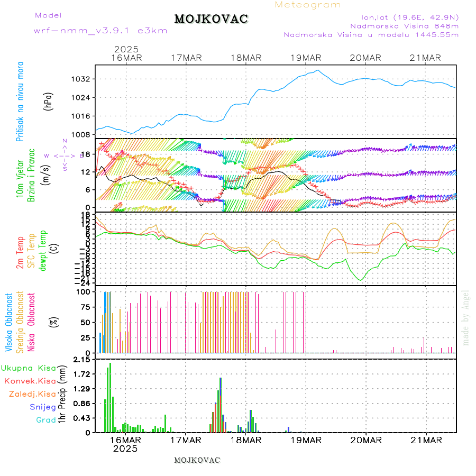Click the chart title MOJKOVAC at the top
point(211,19)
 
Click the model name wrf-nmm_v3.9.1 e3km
point(100,30)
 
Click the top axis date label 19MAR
point(306,58)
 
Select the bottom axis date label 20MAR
point(365,440)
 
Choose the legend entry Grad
point(46,420)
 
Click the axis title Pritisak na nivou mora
point(20,102)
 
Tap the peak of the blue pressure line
point(317,70)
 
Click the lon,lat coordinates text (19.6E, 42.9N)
point(409,16)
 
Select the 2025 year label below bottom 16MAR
point(125,448)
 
